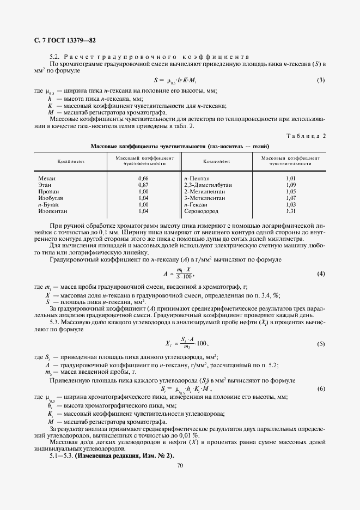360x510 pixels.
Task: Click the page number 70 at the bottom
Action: click(x=180, y=465)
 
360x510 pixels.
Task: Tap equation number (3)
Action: click(x=321, y=81)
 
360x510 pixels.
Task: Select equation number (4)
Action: click(x=321, y=273)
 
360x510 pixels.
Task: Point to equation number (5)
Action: click(x=321, y=344)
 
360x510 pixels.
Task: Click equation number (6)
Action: click(x=321, y=388)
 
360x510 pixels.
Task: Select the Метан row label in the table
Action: click(x=47, y=178)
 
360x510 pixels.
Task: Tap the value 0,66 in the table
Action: click(x=144, y=178)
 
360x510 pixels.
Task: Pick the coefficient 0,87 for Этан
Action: click(x=144, y=185)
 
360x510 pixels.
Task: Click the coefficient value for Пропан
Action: click(x=144, y=192)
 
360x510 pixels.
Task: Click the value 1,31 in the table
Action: click(x=290, y=211)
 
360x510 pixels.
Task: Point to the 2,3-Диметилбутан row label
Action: click(x=208, y=185)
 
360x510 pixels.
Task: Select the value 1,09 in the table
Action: click(x=290, y=185)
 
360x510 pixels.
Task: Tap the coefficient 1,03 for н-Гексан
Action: click(x=290, y=204)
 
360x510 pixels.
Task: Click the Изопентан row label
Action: click(x=53, y=211)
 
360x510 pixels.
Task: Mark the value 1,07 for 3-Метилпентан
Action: click(x=290, y=198)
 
